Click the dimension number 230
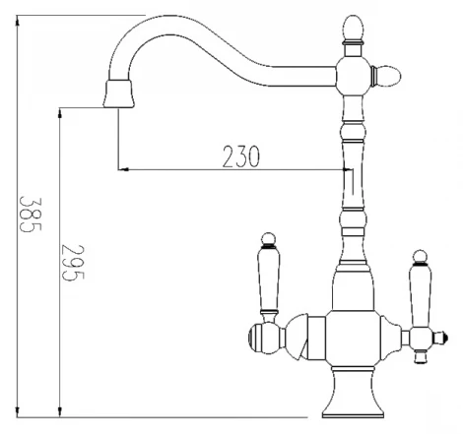(x=241, y=155)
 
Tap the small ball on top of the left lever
(x=266, y=238)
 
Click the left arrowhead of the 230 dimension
(x=122, y=169)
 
